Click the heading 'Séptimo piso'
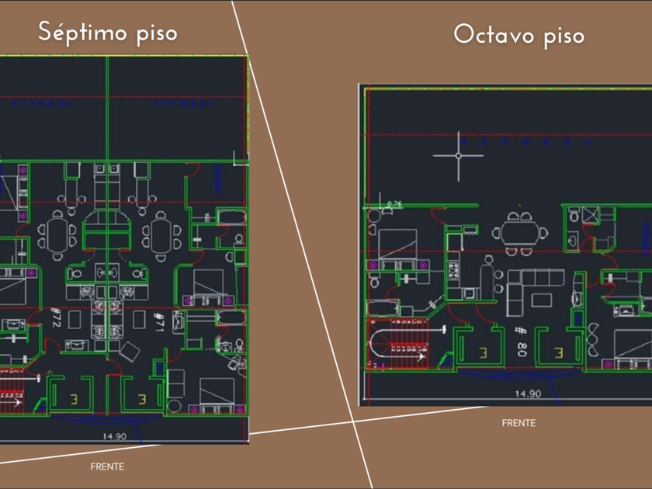tap(108, 33)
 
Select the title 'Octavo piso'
tap(518, 35)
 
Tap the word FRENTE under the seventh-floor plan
tap(107, 466)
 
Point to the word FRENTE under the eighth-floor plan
tap(518, 423)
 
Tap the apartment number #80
tap(521, 338)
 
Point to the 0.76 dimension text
tap(395, 204)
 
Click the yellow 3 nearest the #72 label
tap(75, 399)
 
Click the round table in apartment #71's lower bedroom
tap(174, 406)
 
